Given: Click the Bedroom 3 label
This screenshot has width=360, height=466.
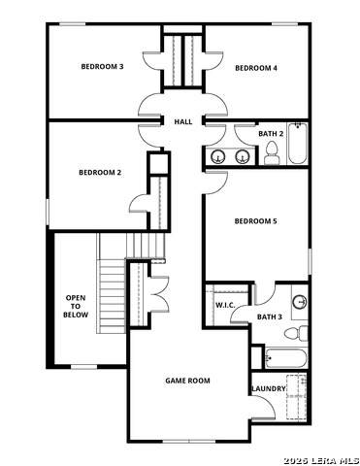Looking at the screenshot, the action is click(102, 67).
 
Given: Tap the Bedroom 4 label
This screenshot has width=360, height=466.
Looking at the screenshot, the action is click(256, 68).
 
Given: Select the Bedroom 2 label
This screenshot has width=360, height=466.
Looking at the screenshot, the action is click(100, 173).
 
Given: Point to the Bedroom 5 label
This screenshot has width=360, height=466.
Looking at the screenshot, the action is click(255, 221).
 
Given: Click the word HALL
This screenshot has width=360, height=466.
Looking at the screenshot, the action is click(183, 122).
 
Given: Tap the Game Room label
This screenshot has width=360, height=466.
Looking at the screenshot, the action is click(187, 381).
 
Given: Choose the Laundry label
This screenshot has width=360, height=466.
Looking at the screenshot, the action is click(269, 388).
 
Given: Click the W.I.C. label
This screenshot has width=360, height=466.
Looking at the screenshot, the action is click(225, 305).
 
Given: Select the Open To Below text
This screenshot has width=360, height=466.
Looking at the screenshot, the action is click(76, 306).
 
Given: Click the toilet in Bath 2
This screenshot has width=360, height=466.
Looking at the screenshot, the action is click(272, 153).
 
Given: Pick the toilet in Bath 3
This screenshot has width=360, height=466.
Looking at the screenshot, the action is click(296, 333).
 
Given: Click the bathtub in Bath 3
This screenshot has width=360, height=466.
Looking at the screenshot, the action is click(285, 358).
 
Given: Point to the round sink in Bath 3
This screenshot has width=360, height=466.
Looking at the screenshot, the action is click(300, 302).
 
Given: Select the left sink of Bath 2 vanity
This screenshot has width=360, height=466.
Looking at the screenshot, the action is click(217, 156).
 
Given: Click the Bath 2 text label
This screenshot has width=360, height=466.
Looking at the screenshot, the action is click(271, 134).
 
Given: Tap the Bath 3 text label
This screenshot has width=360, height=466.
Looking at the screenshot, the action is click(270, 317).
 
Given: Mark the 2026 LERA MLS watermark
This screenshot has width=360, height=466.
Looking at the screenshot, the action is click(321, 460).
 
